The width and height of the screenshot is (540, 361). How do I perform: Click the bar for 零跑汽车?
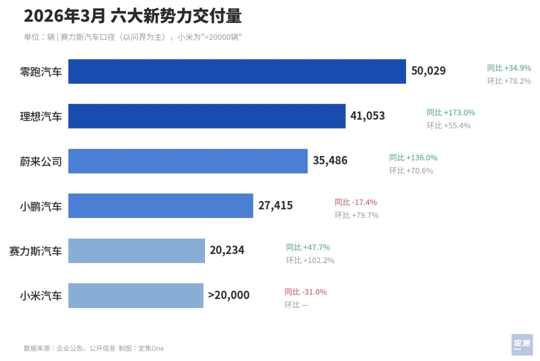pyautogui.click(x=237, y=71)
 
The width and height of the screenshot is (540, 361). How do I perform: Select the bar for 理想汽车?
pyautogui.click(x=206, y=116)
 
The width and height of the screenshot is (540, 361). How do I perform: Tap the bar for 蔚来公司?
pyautogui.click(x=187, y=161)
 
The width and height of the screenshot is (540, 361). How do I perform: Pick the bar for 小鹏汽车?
pyautogui.click(x=160, y=205)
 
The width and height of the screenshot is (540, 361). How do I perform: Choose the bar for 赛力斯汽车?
pyautogui.click(x=136, y=250)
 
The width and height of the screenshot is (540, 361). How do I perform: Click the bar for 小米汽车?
pyautogui.click(x=135, y=295)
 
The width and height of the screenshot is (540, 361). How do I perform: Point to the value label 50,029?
pyautogui.click(x=428, y=71)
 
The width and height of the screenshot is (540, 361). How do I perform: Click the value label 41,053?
pyautogui.click(x=367, y=116)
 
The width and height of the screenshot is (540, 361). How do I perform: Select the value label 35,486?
pyautogui.click(x=330, y=161)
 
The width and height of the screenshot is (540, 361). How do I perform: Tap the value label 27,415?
pyautogui.click(x=275, y=205)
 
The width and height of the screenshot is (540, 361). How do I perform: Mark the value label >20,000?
pyautogui.click(x=228, y=295)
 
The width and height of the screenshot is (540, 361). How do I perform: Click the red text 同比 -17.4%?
pyautogui.click(x=355, y=202)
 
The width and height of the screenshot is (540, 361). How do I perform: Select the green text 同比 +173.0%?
pyautogui.click(x=450, y=112)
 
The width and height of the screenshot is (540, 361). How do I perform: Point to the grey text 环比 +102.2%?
pyautogui.click(x=310, y=260)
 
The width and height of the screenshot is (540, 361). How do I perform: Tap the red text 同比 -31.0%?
pyautogui.click(x=305, y=292)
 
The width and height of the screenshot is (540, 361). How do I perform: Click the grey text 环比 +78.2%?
pyautogui.click(x=509, y=81)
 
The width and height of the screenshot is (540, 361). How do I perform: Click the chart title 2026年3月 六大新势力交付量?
pyautogui.click(x=132, y=16)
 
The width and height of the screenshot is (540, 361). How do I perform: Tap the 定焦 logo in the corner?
pyautogui.click(x=521, y=344)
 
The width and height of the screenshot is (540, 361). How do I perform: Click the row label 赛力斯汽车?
pyautogui.click(x=35, y=250)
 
